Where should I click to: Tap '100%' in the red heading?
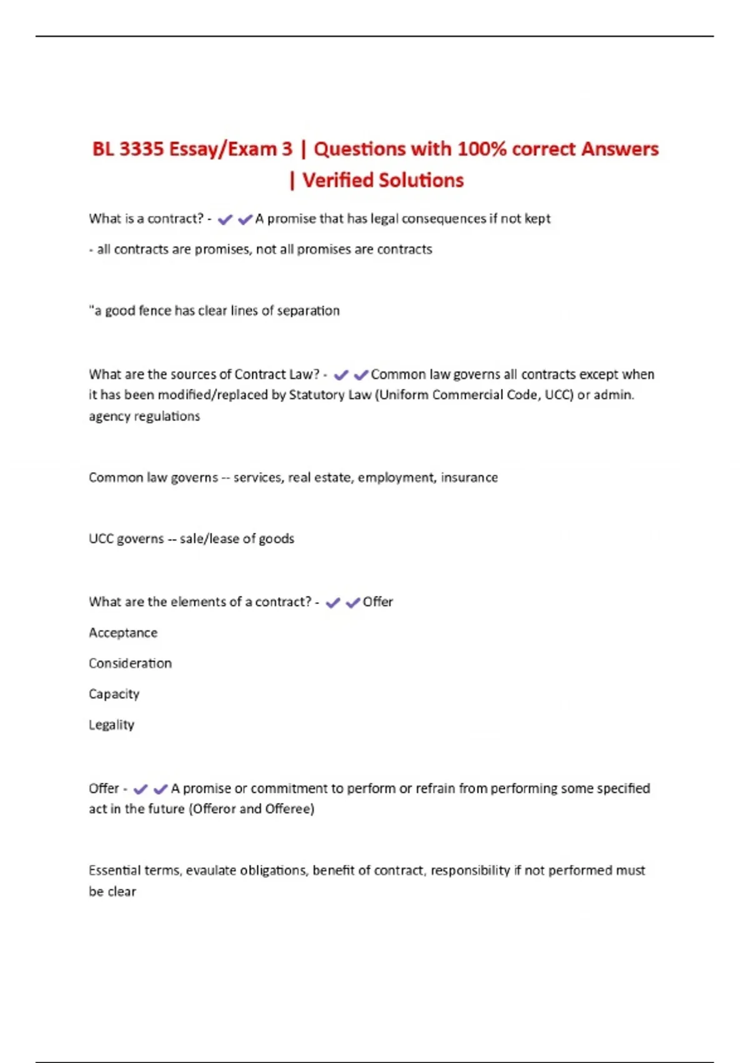(482, 149)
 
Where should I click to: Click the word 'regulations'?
(167, 416)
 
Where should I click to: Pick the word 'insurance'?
(469, 478)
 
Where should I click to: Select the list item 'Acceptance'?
(123, 633)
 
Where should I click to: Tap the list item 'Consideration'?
(130, 663)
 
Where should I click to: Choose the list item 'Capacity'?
(114, 694)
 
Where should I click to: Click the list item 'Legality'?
(111, 725)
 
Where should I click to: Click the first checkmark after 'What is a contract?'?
(225, 219)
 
